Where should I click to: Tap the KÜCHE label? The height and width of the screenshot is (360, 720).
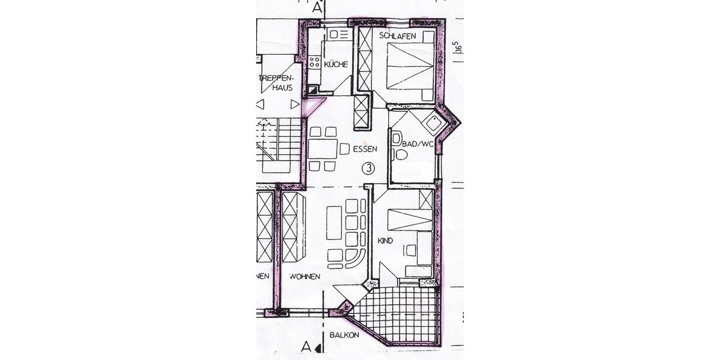(x=335, y=64)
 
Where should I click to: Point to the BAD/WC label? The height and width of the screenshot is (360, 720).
(x=418, y=144)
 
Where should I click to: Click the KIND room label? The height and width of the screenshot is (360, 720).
(x=385, y=241)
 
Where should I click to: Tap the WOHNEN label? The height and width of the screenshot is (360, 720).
(x=304, y=277)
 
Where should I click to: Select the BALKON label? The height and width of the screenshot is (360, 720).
(x=344, y=335)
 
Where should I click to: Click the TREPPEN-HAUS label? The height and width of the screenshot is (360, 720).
(x=277, y=83)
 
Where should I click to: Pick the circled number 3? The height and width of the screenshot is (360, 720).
(x=368, y=169)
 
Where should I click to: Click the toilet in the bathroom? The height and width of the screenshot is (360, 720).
(x=400, y=155)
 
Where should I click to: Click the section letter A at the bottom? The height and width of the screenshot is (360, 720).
(x=307, y=347)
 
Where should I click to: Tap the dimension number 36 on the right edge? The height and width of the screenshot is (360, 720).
(x=457, y=48)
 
